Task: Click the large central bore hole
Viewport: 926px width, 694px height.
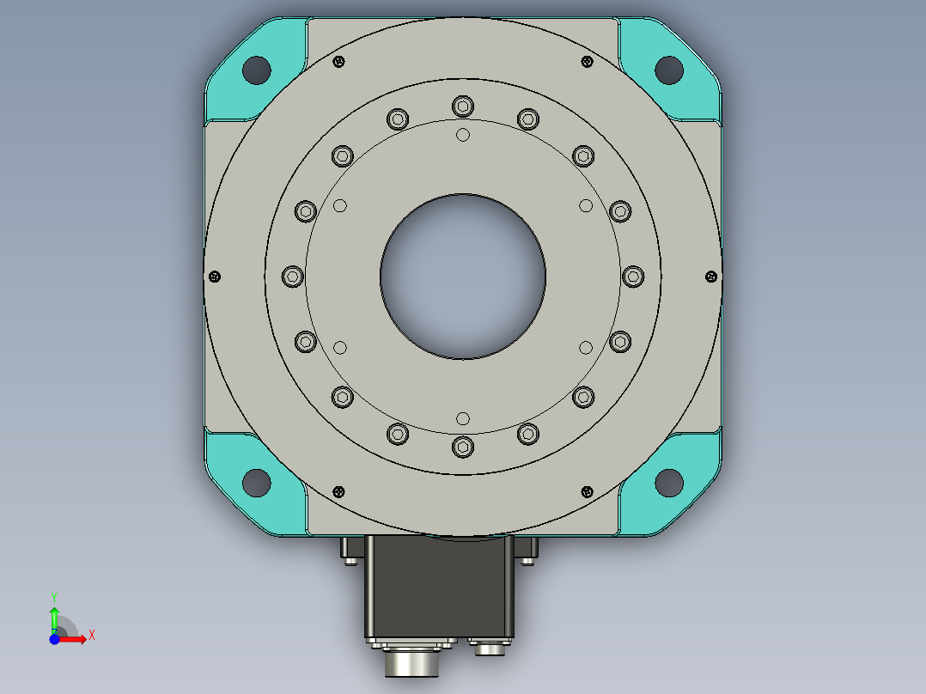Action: click(x=463, y=277)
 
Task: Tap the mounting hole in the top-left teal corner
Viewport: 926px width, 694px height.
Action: click(x=257, y=70)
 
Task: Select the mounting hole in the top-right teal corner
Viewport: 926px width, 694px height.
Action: click(x=669, y=70)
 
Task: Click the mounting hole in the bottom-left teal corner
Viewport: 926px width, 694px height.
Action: click(x=257, y=483)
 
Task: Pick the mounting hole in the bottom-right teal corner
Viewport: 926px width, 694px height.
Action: click(x=669, y=483)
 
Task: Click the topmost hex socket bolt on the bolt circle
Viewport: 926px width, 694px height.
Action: click(x=463, y=107)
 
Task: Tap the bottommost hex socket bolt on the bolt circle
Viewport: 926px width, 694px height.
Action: click(x=463, y=447)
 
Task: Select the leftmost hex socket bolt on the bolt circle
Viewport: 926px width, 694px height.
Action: click(x=293, y=277)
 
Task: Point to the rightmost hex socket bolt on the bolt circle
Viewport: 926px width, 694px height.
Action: click(x=633, y=277)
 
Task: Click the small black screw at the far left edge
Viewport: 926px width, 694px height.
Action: click(x=215, y=277)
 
